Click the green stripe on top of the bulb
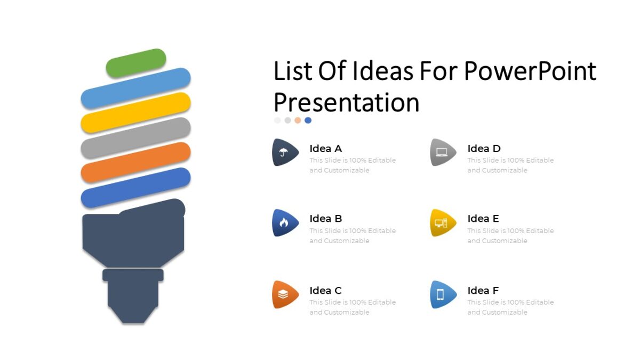[136, 63]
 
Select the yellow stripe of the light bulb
[136, 113]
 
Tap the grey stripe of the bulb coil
[136, 138]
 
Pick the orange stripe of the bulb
[136, 162]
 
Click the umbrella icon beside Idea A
[283, 153]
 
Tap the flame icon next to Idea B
[283, 223]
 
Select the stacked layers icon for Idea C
[283, 294]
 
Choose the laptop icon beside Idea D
[442, 153]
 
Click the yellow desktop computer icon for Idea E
[442, 223]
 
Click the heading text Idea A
[325, 149]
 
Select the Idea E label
[483, 219]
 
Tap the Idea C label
[325, 291]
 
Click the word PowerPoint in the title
[530, 71]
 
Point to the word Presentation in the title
[347, 102]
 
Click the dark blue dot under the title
[308, 121]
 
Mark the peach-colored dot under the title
[298, 121]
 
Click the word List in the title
[292, 71]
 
